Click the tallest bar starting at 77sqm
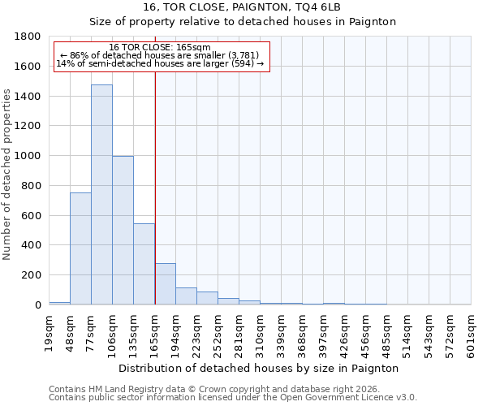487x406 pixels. click(101, 195)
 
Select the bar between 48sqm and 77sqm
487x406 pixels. click(80, 248)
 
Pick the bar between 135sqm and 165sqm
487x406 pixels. click(144, 264)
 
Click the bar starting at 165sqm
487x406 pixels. click(165, 284)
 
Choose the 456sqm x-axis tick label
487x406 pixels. click(366, 333)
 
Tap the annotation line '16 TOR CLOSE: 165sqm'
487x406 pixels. click(160, 47)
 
